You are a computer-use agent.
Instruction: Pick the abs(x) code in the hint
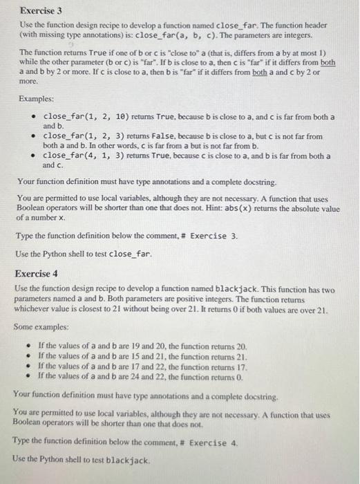(247, 208)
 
